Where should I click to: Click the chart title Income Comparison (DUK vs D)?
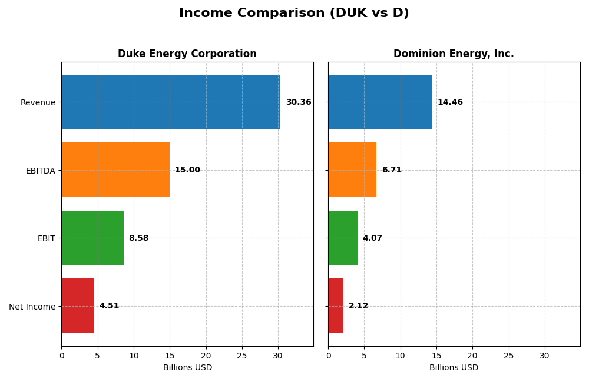coord(294,14)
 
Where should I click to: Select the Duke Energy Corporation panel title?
coord(187,54)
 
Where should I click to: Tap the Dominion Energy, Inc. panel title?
coord(454,54)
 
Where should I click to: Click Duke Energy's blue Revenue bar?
coord(171,102)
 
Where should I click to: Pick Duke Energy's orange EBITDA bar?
coord(115,170)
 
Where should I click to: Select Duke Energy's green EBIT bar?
coord(92,238)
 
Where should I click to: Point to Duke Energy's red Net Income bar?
coord(78,306)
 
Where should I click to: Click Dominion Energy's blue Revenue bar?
coord(380,102)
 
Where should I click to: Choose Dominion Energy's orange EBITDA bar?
coord(352,170)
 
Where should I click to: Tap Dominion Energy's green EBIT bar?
coord(343,238)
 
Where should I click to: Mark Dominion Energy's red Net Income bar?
coord(336,306)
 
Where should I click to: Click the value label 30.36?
coord(299,102)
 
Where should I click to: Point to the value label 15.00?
coord(187,170)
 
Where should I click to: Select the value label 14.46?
coord(450,102)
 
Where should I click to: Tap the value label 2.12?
coord(358,306)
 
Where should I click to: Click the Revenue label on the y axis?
coord(38,102)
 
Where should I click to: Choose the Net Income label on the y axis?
coord(32,307)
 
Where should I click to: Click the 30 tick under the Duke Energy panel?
coord(278,356)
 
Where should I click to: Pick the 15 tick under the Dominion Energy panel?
coord(436,356)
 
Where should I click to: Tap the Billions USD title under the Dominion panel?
coord(454,368)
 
